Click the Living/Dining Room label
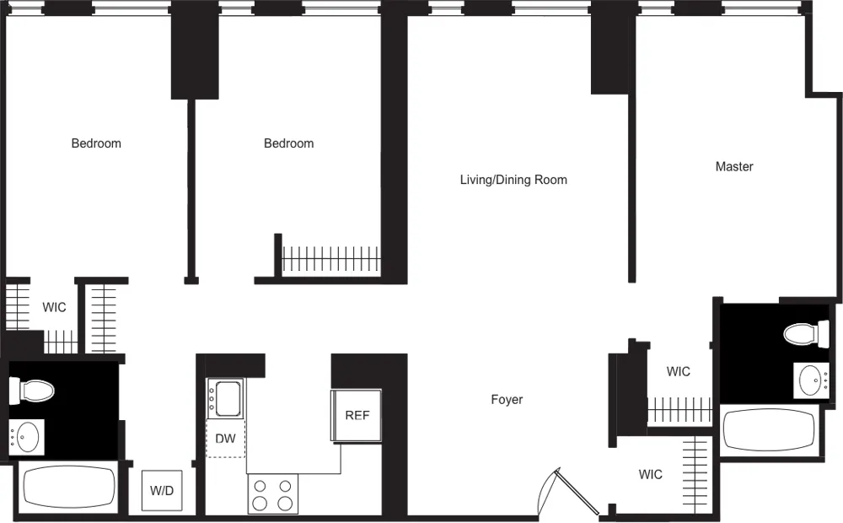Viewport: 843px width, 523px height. (513, 180)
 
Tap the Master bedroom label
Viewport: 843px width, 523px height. (734, 167)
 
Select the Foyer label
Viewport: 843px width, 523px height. (507, 400)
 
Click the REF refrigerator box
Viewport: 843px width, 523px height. (357, 415)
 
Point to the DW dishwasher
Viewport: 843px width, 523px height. (225, 439)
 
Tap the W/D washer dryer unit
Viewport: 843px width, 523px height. (161, 490)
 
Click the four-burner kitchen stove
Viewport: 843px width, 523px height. (273, 494)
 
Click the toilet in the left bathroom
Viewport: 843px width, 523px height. (32, 391)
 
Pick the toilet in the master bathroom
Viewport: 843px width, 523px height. (806, 334)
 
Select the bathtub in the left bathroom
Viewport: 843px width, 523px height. (68, 488)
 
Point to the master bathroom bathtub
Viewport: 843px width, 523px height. (771, 430)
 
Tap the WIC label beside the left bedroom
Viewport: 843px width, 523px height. (54, 308)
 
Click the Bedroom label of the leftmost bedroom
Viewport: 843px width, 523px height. (96, 143)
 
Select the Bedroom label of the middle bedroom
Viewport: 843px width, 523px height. (289, 143)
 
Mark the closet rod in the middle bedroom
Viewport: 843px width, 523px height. (331, 258)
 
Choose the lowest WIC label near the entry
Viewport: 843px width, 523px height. (650, 475)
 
